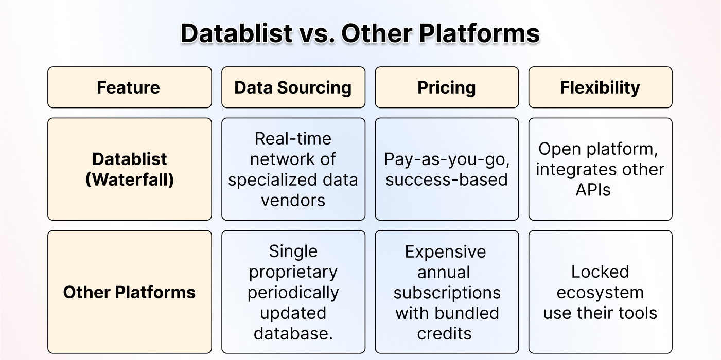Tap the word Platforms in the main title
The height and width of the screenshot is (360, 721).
point(479,33)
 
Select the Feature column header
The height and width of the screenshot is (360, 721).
point(130,87)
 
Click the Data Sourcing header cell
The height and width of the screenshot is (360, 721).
point(293,87)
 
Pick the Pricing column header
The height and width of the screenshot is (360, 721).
point(447,87)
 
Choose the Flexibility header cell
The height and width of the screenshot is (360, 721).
point(600,87)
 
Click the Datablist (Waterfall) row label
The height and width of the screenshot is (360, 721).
point(130,169)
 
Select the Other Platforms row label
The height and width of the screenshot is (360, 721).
point(130,292)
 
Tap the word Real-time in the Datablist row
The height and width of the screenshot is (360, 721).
point(293,139)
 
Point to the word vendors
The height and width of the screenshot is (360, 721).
point(293,200)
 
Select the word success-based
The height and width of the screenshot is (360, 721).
point(447,179)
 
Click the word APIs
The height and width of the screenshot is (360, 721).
point(593,190)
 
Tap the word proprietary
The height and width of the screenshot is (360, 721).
point(293,273)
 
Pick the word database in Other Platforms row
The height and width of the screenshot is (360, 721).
point(291,333)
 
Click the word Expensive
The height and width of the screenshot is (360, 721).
point(445,251)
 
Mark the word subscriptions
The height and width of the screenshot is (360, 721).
point(447,293)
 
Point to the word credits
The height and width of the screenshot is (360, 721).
point(444,333)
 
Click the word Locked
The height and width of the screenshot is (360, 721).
point(600,272)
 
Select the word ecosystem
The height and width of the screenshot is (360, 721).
point(600,293)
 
